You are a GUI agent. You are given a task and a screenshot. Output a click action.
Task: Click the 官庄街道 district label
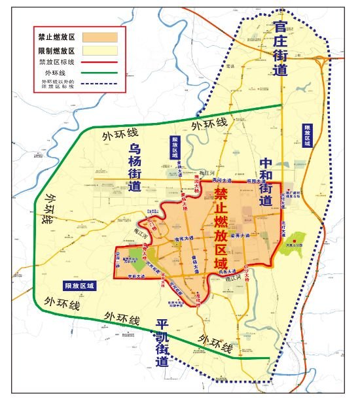(x=280, y=48)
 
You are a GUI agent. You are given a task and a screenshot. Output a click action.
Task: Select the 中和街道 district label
(x=265, y=181)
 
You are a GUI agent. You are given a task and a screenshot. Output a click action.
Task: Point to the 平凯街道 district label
(x=162, y=343)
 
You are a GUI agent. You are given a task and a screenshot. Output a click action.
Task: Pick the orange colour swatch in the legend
(x=99, y=37)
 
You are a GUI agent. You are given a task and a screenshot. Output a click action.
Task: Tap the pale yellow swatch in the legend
(x=99, y=50)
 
